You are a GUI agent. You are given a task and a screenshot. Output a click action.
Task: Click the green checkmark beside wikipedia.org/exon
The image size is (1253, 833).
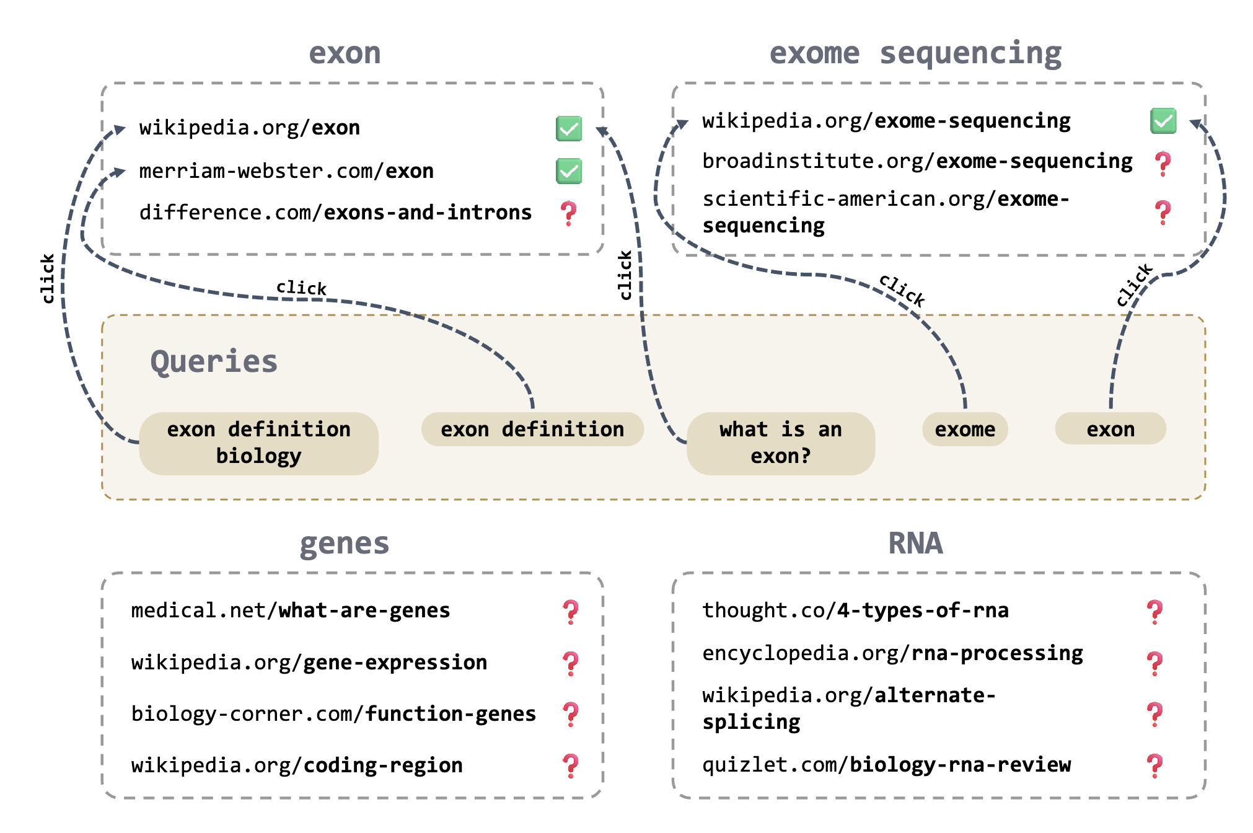568,128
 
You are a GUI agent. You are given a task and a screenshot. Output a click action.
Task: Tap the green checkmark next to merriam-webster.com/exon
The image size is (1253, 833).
568,171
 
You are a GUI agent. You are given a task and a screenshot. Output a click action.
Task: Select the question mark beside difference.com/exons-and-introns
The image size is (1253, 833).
568,213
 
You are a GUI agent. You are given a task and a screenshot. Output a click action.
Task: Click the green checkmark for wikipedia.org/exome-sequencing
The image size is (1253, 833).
1163,121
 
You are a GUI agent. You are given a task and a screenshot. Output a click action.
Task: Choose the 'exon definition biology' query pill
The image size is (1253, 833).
258,443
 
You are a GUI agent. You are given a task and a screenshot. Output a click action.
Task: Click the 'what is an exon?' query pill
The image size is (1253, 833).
780,443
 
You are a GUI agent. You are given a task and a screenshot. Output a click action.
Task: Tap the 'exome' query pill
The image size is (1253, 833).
965,429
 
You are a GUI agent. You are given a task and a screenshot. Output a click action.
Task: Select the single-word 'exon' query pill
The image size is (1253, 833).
1110,429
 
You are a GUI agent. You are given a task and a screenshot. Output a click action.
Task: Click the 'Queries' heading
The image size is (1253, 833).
214,361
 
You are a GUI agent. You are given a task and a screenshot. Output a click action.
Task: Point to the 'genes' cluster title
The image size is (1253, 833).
345,544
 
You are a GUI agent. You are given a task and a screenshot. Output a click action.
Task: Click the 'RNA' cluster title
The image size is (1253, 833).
915,544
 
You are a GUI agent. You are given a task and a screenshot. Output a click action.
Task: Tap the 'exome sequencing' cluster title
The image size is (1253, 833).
915,53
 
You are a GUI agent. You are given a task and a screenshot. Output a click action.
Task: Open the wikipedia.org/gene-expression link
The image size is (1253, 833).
309,663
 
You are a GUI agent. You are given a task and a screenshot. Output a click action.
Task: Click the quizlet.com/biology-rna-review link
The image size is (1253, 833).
886,765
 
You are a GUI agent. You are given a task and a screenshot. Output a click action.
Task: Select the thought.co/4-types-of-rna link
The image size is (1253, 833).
855,610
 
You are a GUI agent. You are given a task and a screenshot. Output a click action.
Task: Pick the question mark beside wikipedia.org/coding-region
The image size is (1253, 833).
571,766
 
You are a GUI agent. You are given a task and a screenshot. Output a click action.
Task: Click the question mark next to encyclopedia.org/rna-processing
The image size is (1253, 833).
1154,663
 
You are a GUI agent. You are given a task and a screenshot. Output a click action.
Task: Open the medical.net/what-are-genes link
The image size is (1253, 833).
290,610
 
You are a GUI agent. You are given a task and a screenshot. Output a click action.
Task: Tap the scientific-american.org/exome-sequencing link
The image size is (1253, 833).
886,212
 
